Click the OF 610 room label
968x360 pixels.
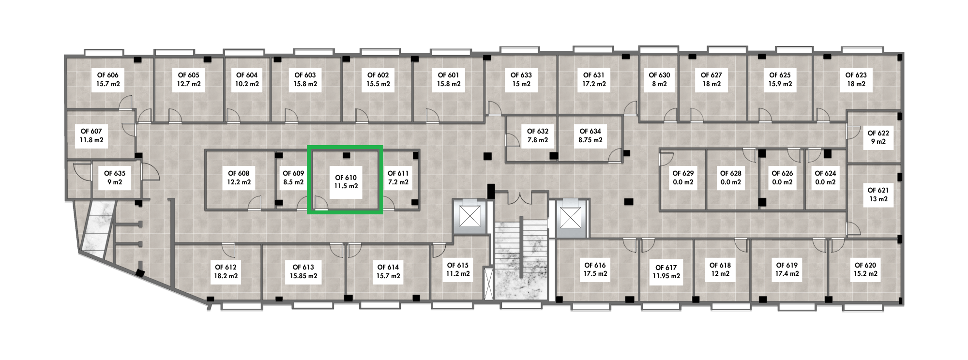click(346, 181)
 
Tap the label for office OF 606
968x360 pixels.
click(108, 79)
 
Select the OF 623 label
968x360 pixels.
click(856, 79)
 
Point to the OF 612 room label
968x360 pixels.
click(226, 271)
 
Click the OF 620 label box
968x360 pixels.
click(866, 269)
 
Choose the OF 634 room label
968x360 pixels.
click(590, 135)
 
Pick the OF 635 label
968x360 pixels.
click(115, 178)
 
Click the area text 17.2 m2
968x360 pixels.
click(594, 84)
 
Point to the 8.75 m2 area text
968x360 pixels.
click(590, 140)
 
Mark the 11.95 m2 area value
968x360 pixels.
click(666, 276)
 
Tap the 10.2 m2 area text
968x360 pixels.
click(247, 84)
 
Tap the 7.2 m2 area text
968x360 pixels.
click(398, 182)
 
